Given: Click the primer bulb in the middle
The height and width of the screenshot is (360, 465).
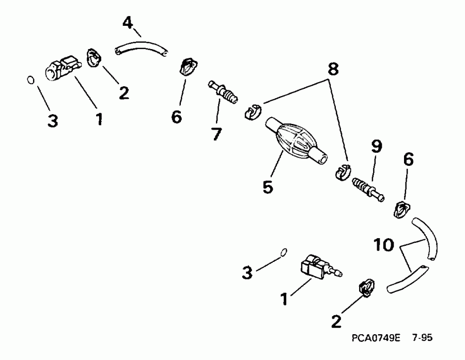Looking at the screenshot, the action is click(296, 140).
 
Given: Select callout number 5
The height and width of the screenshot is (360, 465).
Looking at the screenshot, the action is click(268, 187).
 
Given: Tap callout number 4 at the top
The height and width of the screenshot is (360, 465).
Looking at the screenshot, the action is click(128, 23).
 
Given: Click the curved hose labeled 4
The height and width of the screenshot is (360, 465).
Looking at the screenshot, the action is click(141, 49).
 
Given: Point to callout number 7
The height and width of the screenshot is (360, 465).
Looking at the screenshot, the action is click(216, 134).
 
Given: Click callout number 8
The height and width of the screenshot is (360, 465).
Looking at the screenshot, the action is click(333, 69).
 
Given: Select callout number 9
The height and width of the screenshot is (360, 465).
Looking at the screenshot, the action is click(377, 147).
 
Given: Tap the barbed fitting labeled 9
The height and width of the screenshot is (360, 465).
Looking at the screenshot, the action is click(368, 190).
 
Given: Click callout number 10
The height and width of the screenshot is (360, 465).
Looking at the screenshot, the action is click(384, 245).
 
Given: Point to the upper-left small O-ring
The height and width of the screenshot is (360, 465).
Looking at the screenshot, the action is click(30, 80).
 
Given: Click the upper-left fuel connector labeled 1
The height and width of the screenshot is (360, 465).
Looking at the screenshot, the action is click(63, 68).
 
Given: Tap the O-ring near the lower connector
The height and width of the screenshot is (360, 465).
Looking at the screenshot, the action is click(284, 252).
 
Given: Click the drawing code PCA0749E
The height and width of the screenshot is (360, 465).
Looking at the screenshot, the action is click(376, 338).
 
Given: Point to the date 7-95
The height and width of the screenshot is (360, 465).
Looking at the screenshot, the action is click(422, 338).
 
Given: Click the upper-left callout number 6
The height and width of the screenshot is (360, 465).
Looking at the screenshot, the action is click(177, 117).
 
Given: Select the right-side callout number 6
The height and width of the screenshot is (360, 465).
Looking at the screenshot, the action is click(408, 160).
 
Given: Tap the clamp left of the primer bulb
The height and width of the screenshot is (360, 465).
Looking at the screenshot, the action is click(253, 112).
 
